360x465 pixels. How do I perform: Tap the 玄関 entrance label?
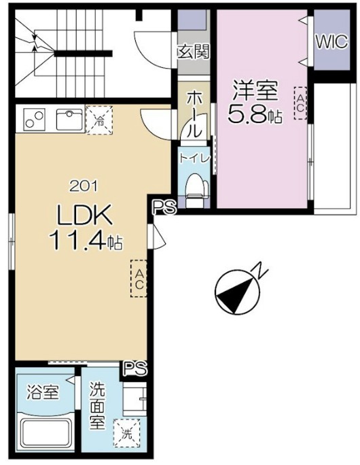pos(193,51)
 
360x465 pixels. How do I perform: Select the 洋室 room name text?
pos(254,90)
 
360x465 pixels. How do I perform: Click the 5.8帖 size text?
pos(254,115)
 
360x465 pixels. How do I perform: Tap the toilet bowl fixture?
pos(194,186)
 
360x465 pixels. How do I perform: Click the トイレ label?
pos(194,157)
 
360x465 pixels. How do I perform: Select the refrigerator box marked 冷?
pos(100,122)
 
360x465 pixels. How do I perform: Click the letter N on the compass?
pos(259,271)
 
